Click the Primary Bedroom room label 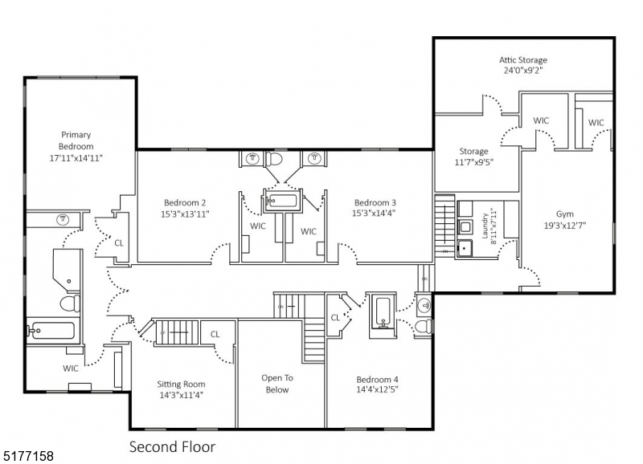76,146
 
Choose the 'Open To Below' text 275,383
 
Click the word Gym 565,214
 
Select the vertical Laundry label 485,227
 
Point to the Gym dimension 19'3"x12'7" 565,226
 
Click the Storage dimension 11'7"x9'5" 473,161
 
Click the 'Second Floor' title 172,446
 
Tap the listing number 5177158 28,456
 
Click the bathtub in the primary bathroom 51,330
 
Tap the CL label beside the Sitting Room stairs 215,334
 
